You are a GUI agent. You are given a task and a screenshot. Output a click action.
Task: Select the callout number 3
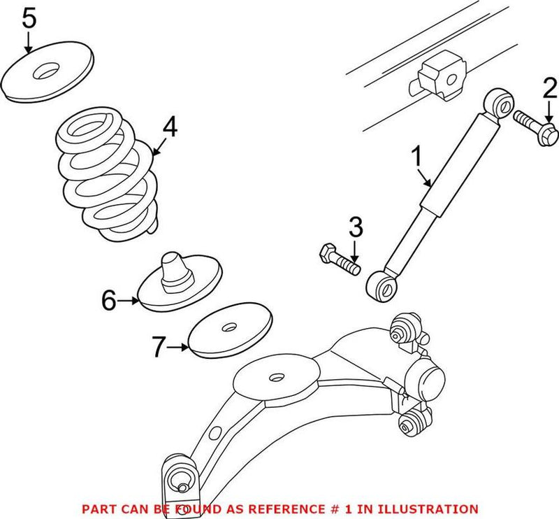coord(356,227)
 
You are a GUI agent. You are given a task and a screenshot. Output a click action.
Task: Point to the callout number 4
coord(170,127)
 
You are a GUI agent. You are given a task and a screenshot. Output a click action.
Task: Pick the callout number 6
coord(108,301)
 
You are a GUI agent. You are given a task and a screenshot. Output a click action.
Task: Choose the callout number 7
coord(160,345)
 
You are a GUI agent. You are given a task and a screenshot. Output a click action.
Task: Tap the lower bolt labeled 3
coord(338,259)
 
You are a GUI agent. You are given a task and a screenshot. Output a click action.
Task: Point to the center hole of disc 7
coord(228,326)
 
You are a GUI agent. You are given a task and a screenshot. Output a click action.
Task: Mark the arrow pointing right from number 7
coord(180,346)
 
